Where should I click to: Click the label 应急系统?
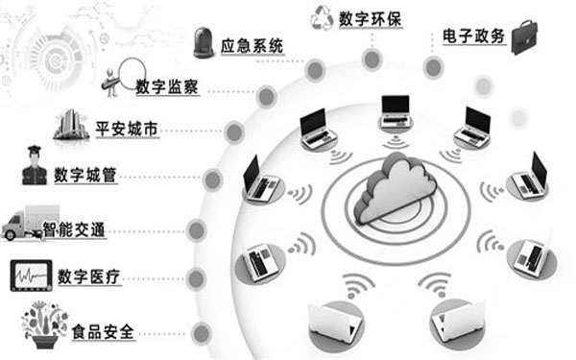(252, 44)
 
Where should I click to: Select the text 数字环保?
(372, 18)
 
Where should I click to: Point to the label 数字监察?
(167, 85)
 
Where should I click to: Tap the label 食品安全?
(105, 333)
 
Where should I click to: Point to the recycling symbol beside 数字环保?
(320, 16)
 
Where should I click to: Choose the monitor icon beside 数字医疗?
(33, 276)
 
